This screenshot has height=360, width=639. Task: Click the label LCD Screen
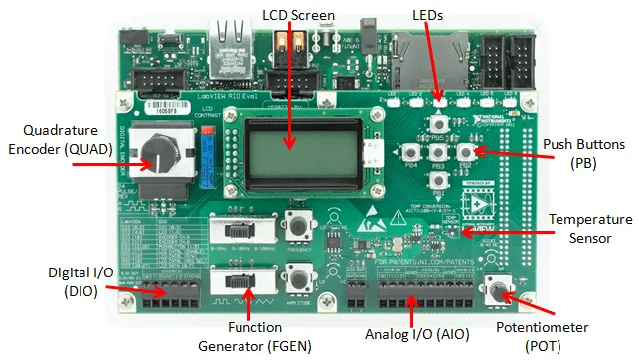(x=299, y=16)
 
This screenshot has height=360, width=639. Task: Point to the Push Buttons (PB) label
(x=583, y=152)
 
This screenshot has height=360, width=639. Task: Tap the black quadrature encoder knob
(x=159, y=154)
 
